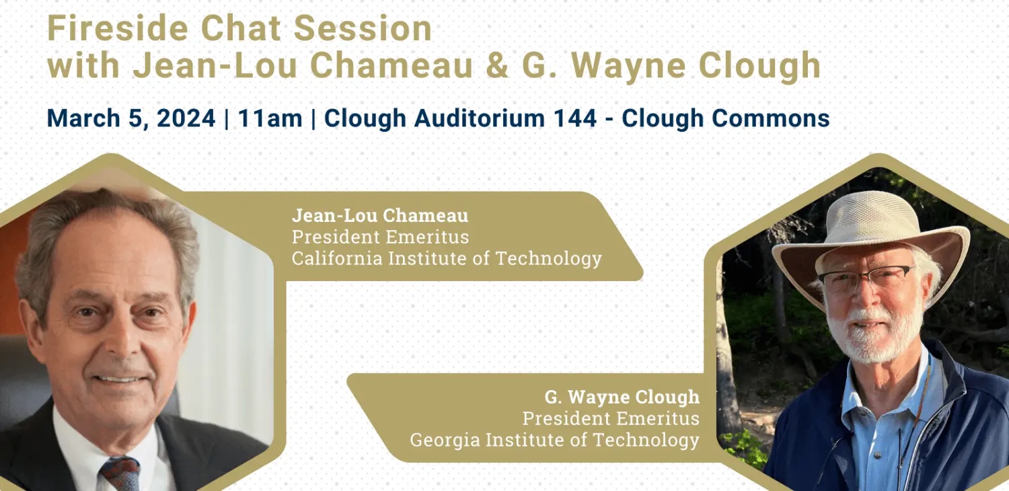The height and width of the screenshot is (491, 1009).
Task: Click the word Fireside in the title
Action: click(118, 28)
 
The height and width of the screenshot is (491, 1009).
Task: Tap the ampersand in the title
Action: click(497, 66)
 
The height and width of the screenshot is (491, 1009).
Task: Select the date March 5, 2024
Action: click(131, 118)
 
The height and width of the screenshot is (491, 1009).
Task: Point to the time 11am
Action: click(270, 118)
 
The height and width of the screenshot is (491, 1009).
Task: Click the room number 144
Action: click(574, 118)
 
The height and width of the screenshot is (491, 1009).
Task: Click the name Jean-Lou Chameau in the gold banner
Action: click(380, 215)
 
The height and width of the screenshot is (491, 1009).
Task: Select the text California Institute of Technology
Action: click(447, 258)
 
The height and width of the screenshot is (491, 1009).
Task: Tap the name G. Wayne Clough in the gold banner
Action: click(622, 397)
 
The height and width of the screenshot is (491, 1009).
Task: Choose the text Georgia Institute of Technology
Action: click(555, 440)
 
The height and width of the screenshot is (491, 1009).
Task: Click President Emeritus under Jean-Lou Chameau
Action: click(380, 237)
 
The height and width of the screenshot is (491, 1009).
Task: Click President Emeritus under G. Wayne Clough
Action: click(611, 418)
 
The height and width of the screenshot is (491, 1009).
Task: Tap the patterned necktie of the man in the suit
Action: click(120, 474)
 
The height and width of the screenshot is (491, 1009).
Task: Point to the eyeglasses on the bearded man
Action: click(867, 278)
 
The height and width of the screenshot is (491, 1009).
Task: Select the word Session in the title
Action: click(363, 28)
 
